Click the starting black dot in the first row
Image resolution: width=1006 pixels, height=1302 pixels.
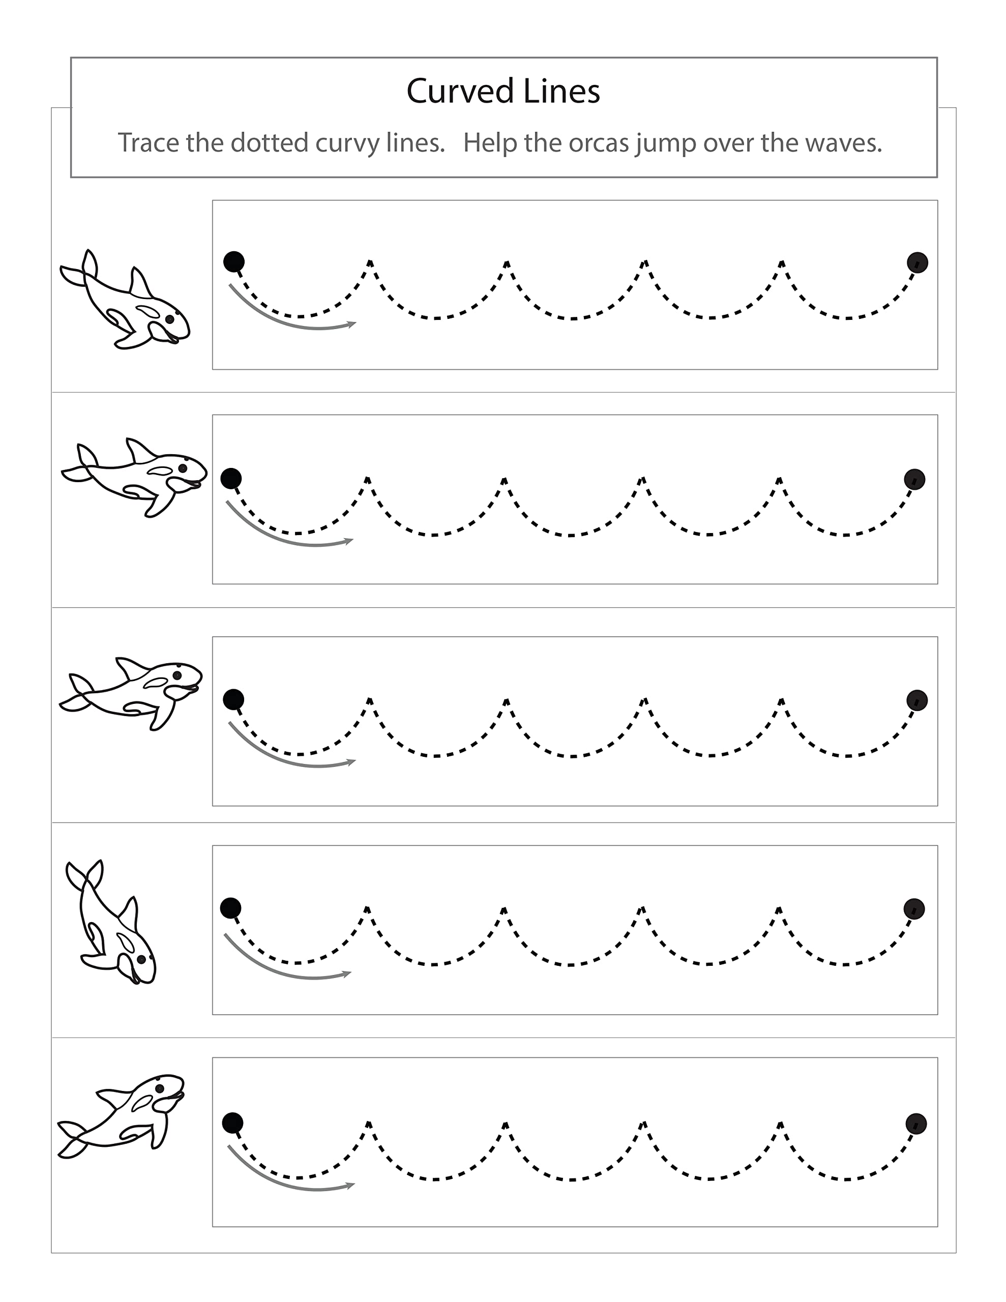234,261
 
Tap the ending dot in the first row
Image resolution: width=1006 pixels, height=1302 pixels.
917,262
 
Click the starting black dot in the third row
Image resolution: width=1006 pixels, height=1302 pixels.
233,699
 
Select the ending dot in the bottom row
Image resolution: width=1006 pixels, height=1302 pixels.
916,1124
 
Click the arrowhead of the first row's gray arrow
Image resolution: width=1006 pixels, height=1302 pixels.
353,323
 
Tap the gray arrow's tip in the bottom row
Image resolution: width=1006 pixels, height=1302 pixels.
352,1185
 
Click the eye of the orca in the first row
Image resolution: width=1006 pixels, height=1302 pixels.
170,319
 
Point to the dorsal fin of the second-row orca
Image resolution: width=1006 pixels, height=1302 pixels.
141,451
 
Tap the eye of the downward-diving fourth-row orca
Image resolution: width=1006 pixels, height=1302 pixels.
141,959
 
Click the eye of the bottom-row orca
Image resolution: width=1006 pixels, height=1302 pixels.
159,1088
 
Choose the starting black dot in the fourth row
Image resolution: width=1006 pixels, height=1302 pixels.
230,908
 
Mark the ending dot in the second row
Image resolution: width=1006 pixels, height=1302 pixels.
914,479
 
